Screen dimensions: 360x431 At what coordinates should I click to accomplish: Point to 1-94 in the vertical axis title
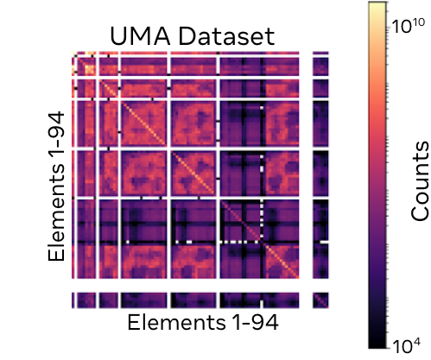[57, 139]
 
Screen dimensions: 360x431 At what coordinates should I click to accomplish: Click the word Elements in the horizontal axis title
[168, 323]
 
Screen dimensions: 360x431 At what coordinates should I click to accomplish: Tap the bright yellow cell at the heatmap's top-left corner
[73, 55]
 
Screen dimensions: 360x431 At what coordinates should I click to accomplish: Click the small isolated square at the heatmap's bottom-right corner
[320, 300]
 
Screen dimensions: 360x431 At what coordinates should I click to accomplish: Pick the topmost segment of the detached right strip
[320, 65]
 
